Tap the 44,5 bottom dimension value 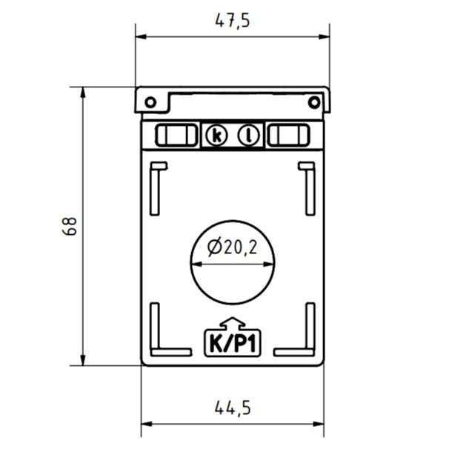[x=233, y=407]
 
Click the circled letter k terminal [x=216, y=136]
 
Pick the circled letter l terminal [x=249, y=136]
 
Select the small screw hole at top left [x=150, y=102]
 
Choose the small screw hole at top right [x=313, y=102]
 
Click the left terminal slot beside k [x=171, y=136]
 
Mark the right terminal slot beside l [x=288, y=136]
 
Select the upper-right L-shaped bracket [x=308, y=185]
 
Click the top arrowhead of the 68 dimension [x=83, y=92]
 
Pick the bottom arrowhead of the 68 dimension [x=83, y=360]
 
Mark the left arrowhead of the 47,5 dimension [x=140, y=36]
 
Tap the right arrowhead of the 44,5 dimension [x=319, y=424]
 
